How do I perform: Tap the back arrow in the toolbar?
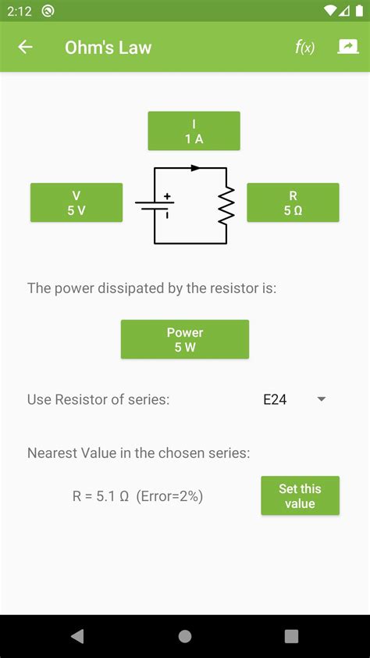pos(25,47)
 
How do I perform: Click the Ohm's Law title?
pos(108,47)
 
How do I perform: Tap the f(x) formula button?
pos(304,47)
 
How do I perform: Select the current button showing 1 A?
pos(194,131)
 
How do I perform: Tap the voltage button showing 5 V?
pos(76,202)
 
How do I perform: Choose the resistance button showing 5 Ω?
pos(293,202)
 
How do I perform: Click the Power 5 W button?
pos(185,339)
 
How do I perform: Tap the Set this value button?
pos(300,495)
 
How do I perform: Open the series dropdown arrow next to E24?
pos(321,399)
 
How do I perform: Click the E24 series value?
pos(275,399)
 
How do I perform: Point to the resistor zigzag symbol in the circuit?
pos(226,206)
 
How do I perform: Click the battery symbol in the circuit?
pos(155,206)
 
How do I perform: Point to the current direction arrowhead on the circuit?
pos(195,167)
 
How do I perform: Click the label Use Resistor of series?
pos(98,399)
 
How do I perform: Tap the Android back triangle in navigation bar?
pos(77,636)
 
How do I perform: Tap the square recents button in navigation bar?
pos(291,636)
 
